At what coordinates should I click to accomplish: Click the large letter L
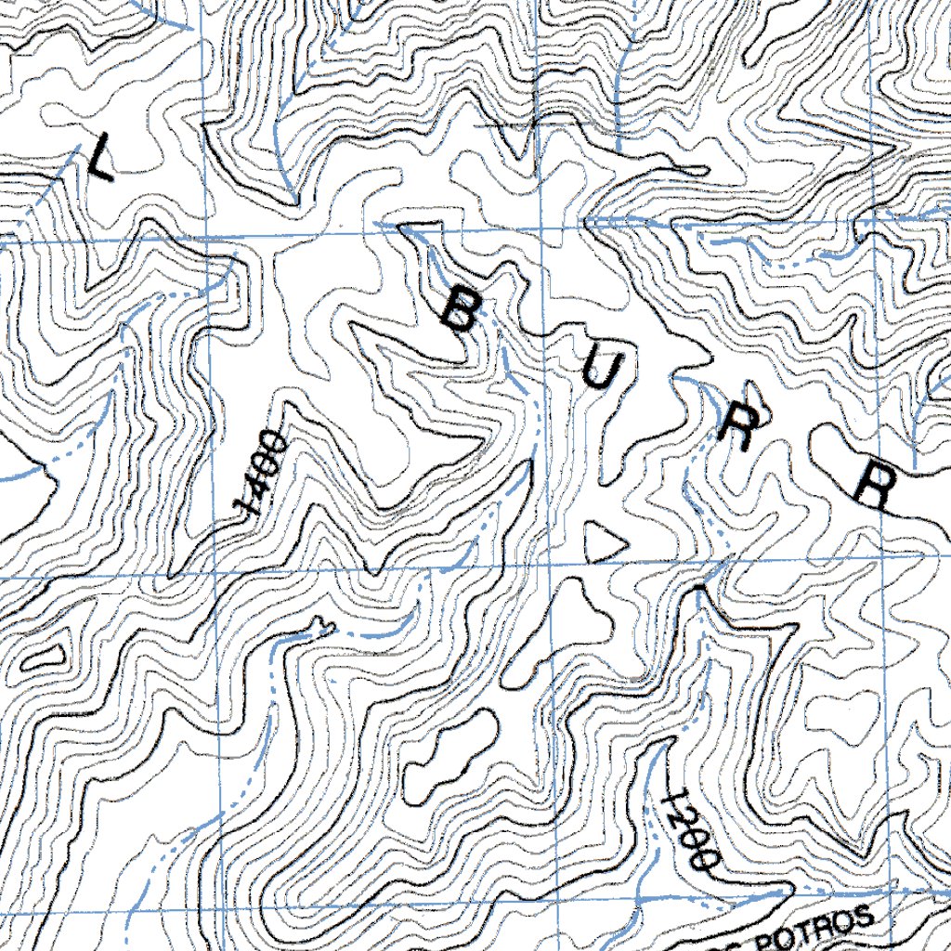[x=99, y=158]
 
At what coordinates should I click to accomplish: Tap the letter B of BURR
[x=457, y=310]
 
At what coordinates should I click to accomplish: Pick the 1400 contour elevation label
[x=260, y=474]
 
